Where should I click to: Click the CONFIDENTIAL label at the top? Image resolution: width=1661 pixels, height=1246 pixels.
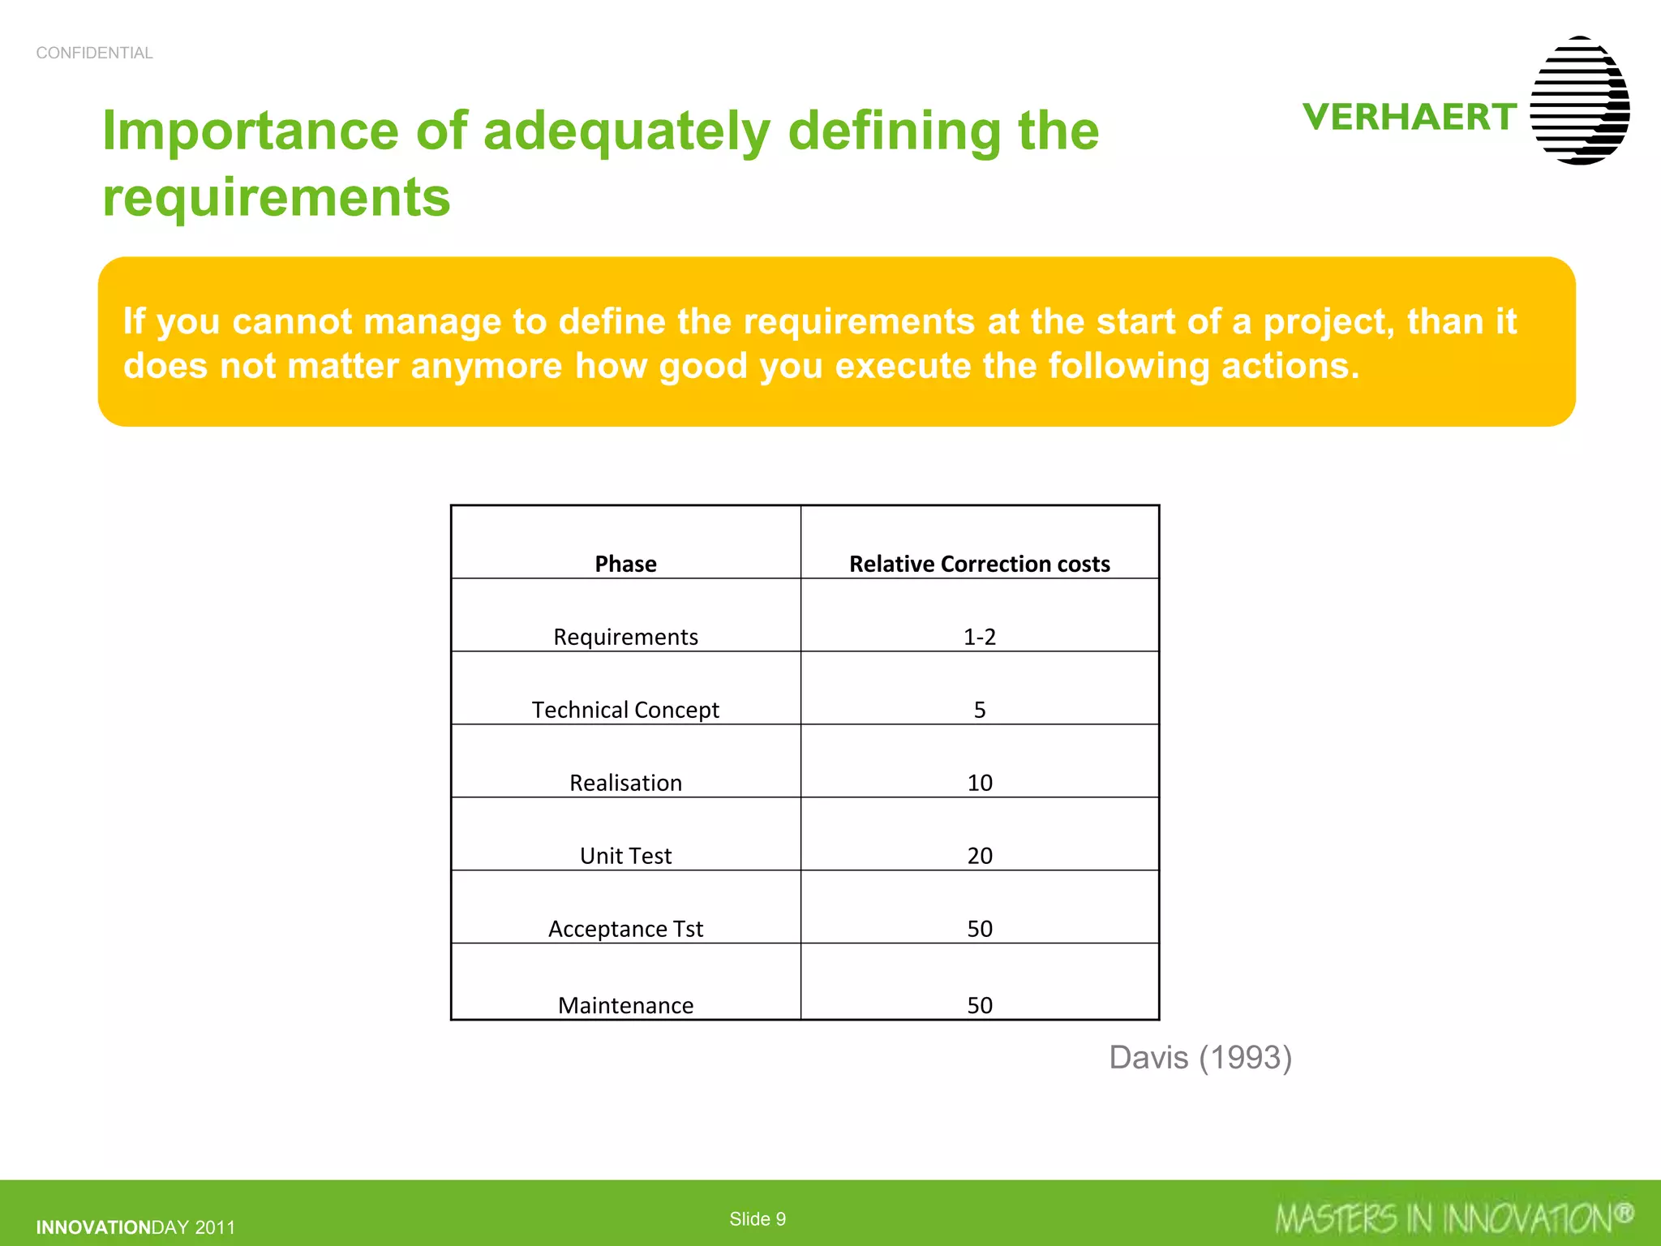point(94,53)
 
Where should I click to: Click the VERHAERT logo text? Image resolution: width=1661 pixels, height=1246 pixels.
point(1410,117)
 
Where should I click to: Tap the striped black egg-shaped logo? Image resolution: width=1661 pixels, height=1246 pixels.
point(1580,101)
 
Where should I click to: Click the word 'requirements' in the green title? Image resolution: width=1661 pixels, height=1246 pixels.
point(276,197)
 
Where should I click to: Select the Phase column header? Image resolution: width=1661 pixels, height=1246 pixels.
point(625,564)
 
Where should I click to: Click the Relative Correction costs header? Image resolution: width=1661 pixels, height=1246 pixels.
point(979,564)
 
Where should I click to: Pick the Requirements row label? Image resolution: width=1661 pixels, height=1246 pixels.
point(625,637)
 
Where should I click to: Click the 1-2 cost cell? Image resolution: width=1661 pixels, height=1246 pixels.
point(979,637)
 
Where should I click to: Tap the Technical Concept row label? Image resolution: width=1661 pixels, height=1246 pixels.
point(625,710)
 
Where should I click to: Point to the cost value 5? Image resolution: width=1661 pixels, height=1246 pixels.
point(979,710)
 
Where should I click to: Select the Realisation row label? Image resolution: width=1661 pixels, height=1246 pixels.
point(625,783)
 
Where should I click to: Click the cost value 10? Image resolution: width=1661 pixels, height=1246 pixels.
point(979,783)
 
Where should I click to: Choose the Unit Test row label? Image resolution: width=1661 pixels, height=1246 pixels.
point(625,856)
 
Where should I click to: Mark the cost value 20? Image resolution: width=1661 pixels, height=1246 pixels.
point(979,856)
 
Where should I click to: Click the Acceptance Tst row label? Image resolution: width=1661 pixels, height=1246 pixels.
point(625,929)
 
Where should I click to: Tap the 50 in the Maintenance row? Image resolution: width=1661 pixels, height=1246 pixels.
point(979,1005)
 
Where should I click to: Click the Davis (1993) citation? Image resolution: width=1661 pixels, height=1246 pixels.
point(1200,1058)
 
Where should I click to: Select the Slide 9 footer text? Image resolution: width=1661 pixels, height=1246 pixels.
point(757,1218)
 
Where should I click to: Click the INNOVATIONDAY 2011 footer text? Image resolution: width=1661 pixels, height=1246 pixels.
point(135,1227)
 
